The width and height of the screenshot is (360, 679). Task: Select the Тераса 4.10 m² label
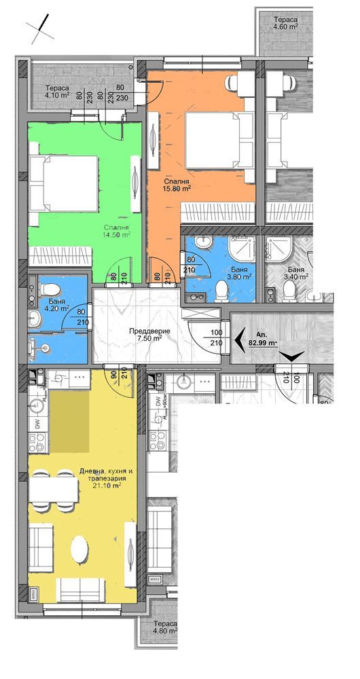tap(58, 92)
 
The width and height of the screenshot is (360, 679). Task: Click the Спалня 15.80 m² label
tap(177, 185)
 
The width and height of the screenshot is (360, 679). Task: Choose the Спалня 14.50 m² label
tap(117, 231)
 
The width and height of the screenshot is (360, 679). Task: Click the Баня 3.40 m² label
tap(295, 273)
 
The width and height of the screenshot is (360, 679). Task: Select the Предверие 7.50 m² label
tap(148, 335)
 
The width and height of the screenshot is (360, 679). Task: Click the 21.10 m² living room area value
tap(107, 485)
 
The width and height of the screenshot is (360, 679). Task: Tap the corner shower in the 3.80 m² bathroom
tap(241, 252)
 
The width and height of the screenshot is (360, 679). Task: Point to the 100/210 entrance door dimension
tap(217, 337)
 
